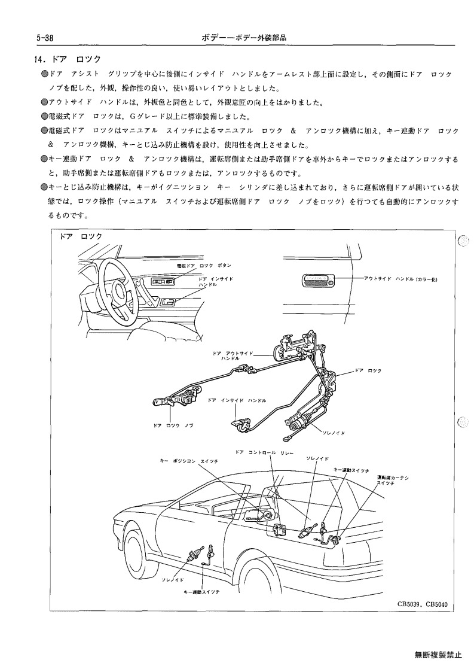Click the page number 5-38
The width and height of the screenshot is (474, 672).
[45, 38]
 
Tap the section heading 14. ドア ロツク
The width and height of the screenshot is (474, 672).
[67, 59]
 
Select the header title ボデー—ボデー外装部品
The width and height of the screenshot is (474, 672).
[244, 38]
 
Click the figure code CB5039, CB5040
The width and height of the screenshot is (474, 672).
[422, 604]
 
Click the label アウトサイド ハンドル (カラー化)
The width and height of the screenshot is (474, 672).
[400, 279]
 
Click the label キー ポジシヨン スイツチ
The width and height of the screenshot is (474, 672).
[188, 461]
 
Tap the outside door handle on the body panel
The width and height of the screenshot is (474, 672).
[318, 281]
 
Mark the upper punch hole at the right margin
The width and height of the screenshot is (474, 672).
[463, 241]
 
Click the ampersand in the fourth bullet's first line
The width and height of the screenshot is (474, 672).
[293, 130]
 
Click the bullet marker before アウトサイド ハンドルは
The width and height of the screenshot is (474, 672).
[44, 102]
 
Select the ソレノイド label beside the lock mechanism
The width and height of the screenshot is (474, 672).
[334, 433]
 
